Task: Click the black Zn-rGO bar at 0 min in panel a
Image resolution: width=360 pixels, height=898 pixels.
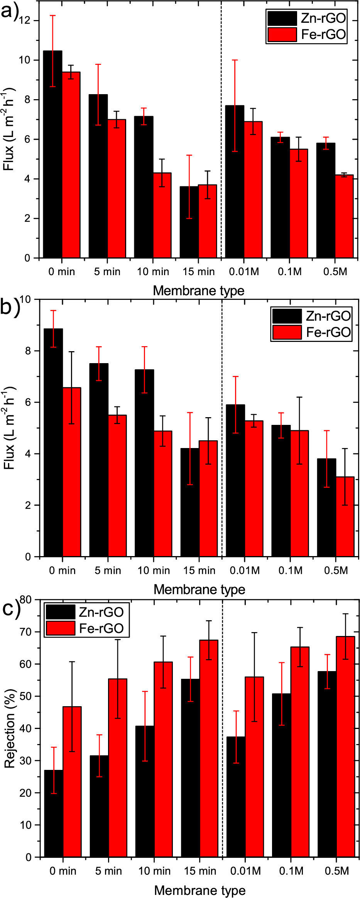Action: click(x=52, y=154)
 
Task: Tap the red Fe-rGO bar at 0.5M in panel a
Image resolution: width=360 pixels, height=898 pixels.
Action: click(x=344, y=216)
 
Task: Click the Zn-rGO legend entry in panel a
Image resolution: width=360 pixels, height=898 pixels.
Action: click(x=307, y=18)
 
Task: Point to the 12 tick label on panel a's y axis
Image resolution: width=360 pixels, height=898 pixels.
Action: click(x=25, y=20)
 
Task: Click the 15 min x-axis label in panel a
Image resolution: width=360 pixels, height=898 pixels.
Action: click(x=198, y=272)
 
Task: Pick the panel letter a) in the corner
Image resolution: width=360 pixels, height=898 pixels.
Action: click(x=10, y=12)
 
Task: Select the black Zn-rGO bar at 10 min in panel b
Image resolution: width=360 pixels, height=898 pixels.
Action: click(x=144, y=463)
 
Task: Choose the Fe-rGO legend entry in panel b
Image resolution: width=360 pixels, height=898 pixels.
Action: click(x=312, y=332)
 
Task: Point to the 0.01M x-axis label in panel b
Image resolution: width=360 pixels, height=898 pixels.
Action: click(x=245, y=570)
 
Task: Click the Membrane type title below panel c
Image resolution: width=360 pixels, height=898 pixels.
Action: click(x=199, y=890)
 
